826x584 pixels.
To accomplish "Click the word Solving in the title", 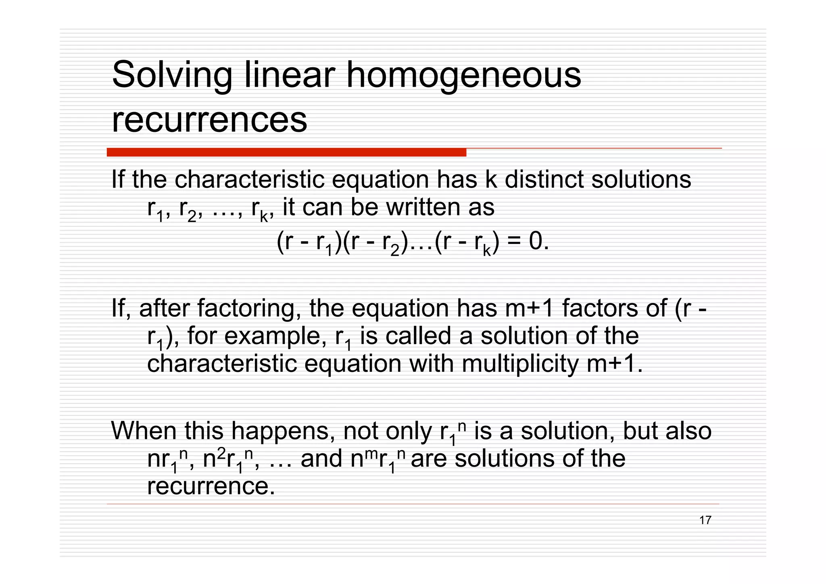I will click(172, 75).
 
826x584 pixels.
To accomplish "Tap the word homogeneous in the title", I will click(463, 75).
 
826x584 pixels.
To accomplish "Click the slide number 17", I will click(705, 520).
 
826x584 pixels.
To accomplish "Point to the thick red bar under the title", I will click(286, 152).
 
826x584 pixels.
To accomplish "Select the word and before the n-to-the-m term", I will click(321, 459).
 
